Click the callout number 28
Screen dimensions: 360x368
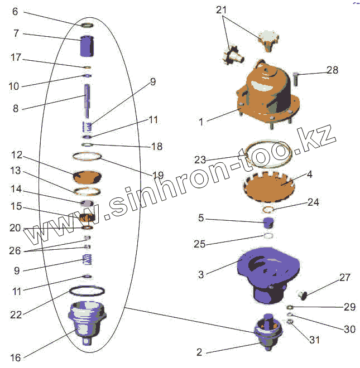click(332, 70)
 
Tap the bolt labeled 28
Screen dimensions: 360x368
click(295, 79)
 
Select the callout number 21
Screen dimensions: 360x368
click(222, 10)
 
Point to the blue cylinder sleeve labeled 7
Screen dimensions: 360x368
click(86, 46)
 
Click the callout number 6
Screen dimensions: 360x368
click(15, 12)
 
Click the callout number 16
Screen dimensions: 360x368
click(15, 357)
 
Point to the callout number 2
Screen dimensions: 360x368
click(199, 352)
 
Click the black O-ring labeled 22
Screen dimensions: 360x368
click(87, 291)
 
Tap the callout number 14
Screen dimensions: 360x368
click(16, 189)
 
